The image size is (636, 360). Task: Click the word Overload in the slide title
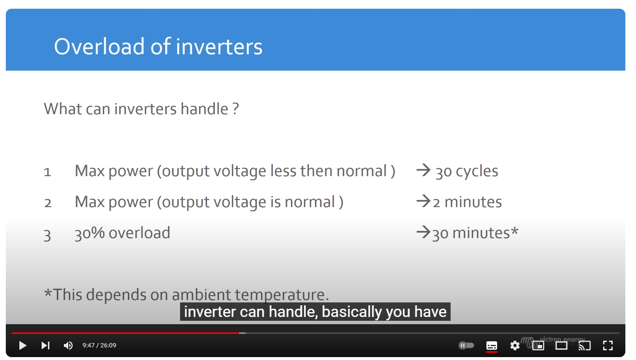pos(99,46)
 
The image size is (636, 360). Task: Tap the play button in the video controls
pos(22,345)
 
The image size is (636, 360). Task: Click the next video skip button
pos(45,345)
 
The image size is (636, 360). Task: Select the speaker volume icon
pos(68,345)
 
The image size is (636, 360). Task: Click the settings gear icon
pos(515,345)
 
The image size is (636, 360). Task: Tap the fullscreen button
pos(608,345)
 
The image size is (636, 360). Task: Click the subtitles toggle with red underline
pos(491,346)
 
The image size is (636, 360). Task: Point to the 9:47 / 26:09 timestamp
pos(99,345)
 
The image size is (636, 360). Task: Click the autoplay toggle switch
pos(466,345)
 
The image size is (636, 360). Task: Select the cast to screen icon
pos(585,345)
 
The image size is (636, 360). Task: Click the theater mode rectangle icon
pos(561,345)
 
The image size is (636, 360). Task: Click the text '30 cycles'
pos(467,171)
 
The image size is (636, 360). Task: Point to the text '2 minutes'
pos(468,202)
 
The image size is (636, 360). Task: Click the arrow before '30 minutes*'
pos(424,232)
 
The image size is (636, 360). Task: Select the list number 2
pos(48,203)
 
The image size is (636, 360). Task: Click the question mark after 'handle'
pos(235,109)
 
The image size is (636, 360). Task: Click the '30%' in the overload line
pos(90,233)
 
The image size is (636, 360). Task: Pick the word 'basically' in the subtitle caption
pos(351,312)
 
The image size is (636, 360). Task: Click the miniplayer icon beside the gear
pos(538,345)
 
